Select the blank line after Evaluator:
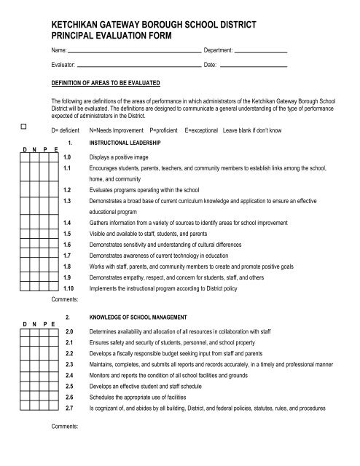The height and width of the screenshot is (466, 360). [x=138, y=66]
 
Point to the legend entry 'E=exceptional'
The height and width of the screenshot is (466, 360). [x=206, y=129]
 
